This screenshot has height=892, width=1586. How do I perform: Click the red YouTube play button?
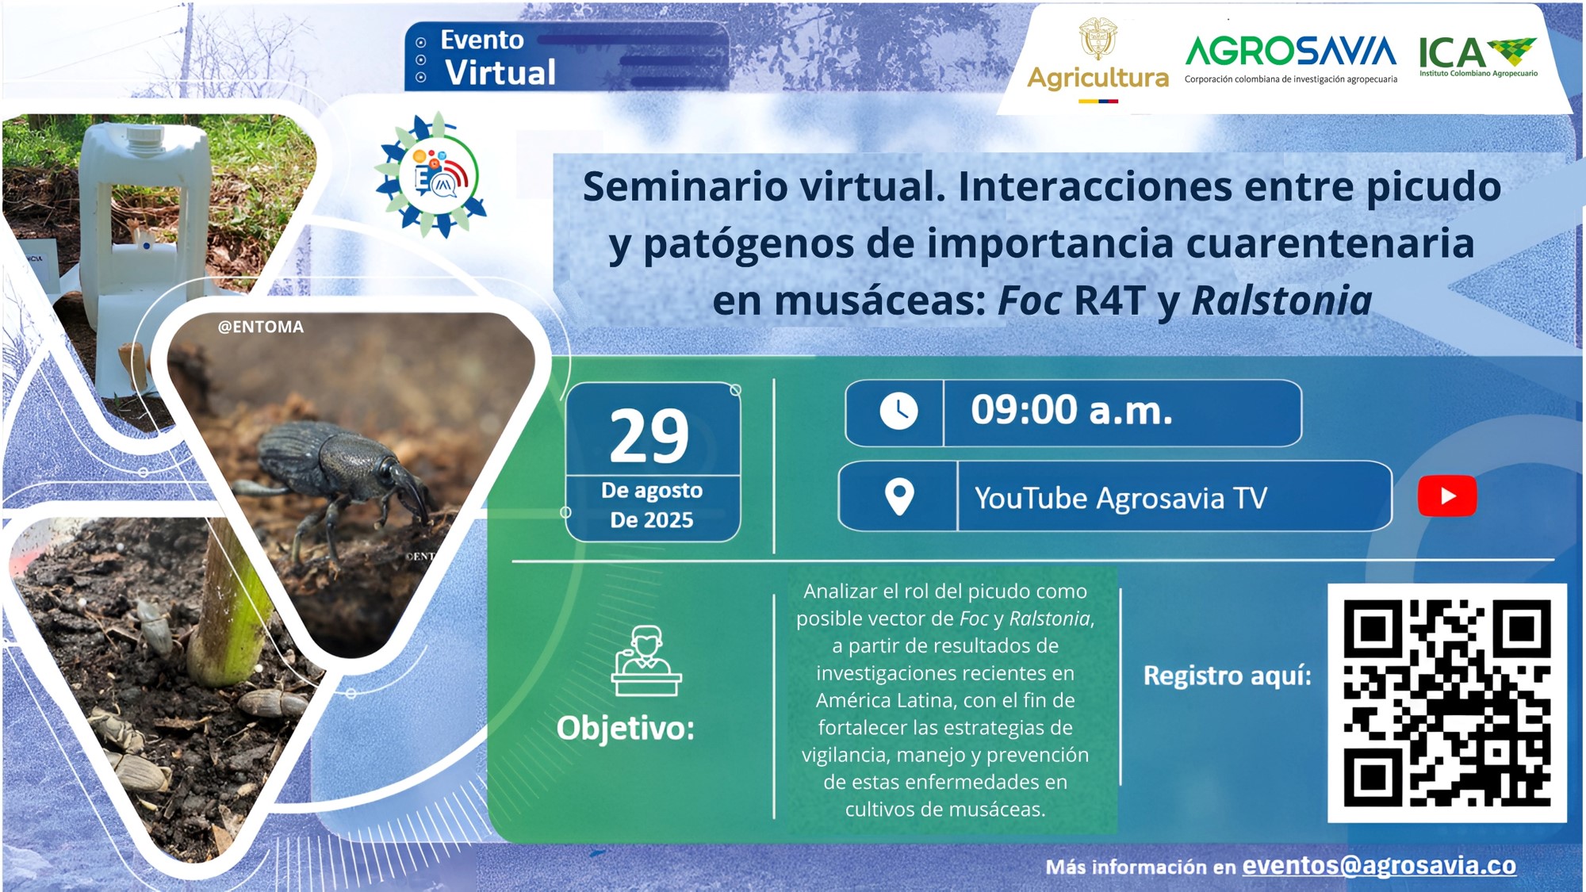tap(1447, 496)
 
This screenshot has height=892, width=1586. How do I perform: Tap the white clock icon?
tap(898, 412)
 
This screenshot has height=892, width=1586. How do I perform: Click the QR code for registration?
tap(1447, 703)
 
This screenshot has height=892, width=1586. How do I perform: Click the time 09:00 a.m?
tap(1071, 411)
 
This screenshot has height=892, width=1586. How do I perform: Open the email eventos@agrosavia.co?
tap(1379, 865)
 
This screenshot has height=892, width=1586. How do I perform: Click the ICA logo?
tap(1478, 56)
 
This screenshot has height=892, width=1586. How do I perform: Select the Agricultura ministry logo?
tap(1098, 60)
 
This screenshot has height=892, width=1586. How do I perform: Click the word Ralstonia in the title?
tap(1281, 301)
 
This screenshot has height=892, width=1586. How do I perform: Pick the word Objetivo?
tap(626, 728)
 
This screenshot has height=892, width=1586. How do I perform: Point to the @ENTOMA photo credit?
tap(261, 327)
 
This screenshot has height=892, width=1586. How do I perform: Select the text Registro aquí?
tap(1228, 676)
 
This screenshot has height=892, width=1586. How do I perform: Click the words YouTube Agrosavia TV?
tap(1121, 498)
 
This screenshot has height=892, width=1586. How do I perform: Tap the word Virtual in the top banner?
tap(500, 72)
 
